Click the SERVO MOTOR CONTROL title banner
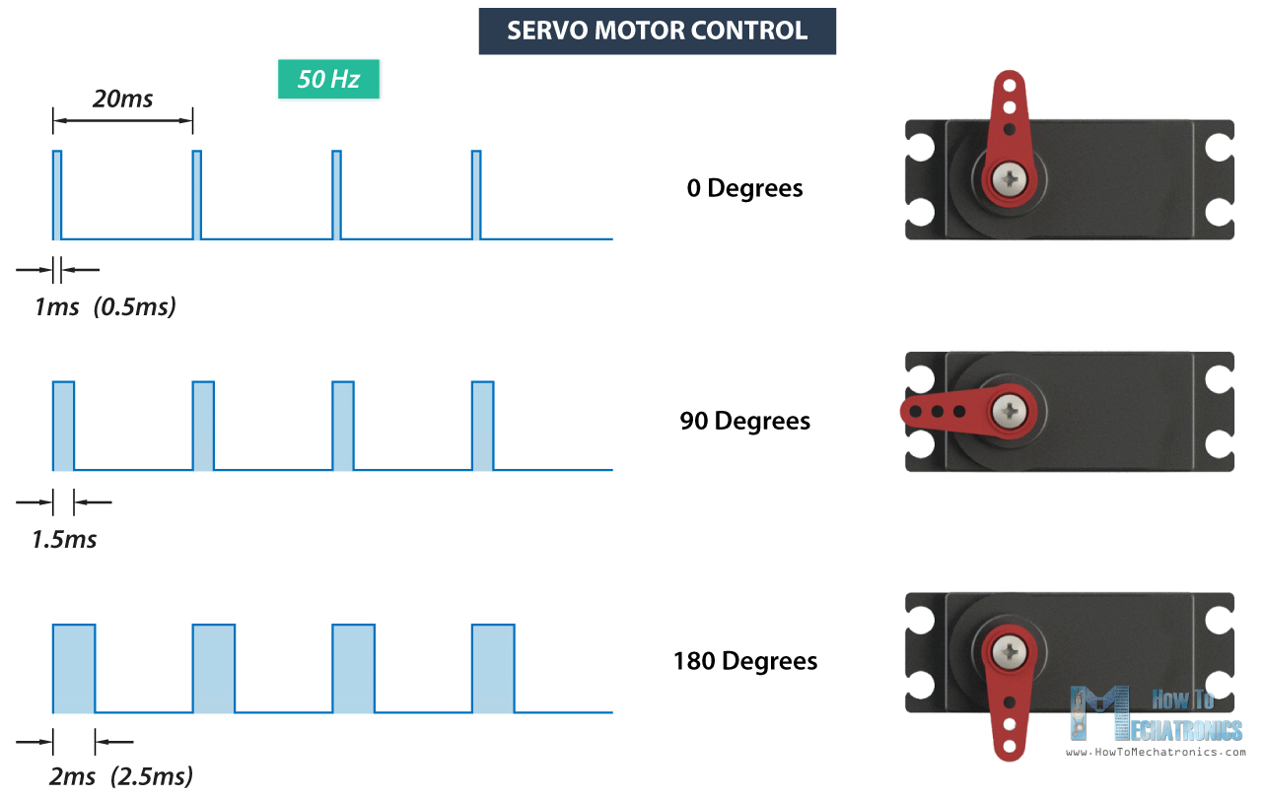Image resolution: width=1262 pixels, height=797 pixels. [657, 31]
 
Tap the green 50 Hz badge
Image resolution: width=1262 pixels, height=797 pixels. [328, 79]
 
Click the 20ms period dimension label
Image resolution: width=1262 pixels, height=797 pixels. [122, 99]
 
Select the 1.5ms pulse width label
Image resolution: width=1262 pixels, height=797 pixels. [64, 539]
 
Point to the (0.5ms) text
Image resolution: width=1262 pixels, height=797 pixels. [135, 306]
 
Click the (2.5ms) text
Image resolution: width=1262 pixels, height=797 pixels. [152, 775]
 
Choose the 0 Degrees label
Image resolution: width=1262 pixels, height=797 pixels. [744, 187]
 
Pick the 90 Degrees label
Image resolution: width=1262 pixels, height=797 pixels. [744, 421]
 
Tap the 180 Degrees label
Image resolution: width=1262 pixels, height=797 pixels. [744, 660]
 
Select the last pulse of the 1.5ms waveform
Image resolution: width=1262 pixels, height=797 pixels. [482, 426]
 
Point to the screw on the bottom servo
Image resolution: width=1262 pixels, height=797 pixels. [1009, 650]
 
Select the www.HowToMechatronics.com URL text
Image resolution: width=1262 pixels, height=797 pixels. [1156, 752]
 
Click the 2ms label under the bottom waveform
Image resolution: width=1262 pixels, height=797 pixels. [71, 775]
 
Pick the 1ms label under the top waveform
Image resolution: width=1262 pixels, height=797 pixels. [56, 306]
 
